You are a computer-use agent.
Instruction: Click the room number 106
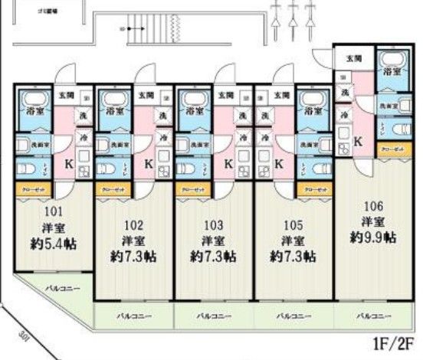(373, 205)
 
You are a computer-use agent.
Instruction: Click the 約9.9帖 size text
(373, 237)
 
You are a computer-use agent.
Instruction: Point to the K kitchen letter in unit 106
(358, 140)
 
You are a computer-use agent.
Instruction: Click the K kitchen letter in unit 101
(66, 163)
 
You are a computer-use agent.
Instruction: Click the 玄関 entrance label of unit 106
(352, 58)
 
